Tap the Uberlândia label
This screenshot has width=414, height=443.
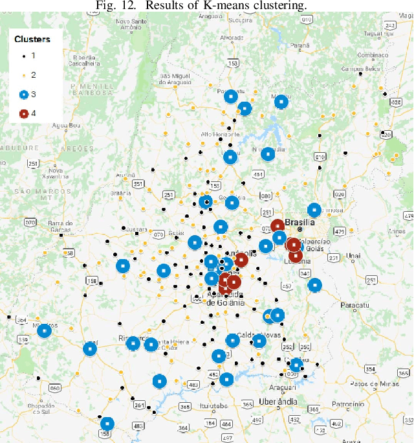[x=277, y=402]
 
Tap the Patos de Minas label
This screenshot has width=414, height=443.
[x=371, y=384]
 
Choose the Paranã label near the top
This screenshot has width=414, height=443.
[x=300, y=46]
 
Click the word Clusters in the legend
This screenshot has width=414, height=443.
[x=32, y=39]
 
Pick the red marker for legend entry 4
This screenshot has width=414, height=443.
[x=24, y=113]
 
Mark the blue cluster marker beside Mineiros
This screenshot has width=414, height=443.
[x=44, y=331]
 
